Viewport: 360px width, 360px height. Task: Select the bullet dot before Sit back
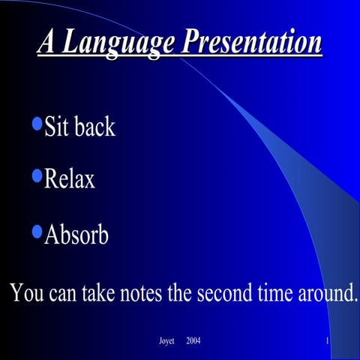(x=37, y=121)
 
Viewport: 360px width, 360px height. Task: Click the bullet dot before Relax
(x=37, y=175)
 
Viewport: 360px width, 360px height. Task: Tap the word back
(x=94, y=126)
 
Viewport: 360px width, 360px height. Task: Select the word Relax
(x=70, y=180)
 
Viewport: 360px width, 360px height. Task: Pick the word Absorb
(x=76, y=235)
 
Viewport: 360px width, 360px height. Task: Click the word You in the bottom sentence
(x=25, y=292)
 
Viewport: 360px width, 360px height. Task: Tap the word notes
(x=139, y=292)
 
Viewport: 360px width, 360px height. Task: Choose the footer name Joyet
(x=166, y=342)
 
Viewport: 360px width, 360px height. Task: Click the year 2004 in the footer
(x=193, y=342)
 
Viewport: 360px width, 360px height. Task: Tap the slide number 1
(x=328, y=342)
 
